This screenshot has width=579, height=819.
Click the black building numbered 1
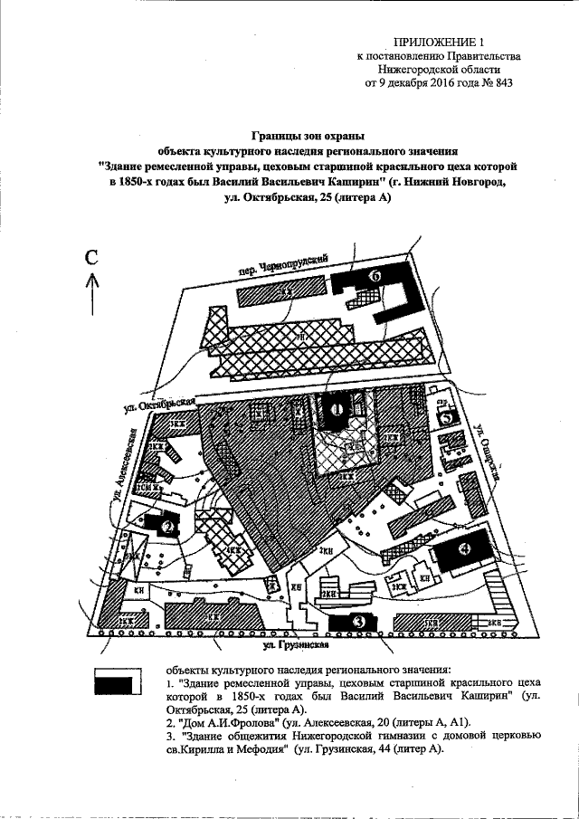click(x=337, y=409)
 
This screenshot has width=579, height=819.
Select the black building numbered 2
click(x=166, y=526)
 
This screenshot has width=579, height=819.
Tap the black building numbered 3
click(x=357, y=622)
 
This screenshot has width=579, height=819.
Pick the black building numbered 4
click(x=464, y=549)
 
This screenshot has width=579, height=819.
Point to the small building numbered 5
click(x=447, y=418)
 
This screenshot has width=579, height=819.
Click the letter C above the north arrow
click(x=91, y=257)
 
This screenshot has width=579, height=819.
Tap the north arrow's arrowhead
click(x=92, y=281)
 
